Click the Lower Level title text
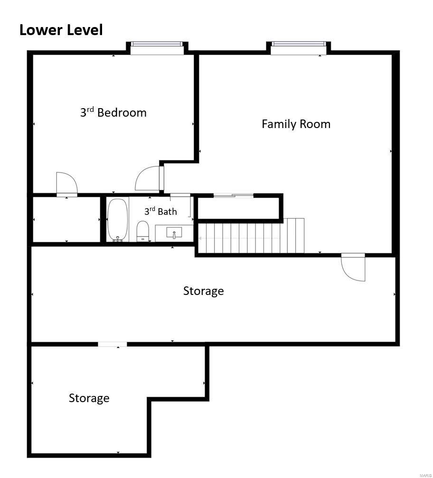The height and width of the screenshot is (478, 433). coord(61,30)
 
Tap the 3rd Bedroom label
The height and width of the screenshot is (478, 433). coord(113,112)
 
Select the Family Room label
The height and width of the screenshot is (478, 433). coord(296,124)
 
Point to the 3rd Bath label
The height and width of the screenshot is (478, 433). coord(160,211)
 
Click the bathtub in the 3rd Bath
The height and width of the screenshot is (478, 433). coord(117,220)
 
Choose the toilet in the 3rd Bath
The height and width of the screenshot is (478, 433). coord(142,231)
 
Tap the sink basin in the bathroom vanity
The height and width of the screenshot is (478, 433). coord(174,232)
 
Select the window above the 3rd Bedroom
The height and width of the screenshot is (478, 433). coord(157,48)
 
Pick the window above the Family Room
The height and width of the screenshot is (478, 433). coord(299,48)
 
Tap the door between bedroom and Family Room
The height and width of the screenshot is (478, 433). coord(149,178)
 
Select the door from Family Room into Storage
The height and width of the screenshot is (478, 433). coord(353,267)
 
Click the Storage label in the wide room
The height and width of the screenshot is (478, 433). coord(204,291)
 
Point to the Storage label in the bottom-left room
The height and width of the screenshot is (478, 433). coord(89,398)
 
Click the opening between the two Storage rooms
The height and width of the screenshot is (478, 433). coord(113,344)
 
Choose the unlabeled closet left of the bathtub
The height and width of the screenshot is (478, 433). coord(66,220)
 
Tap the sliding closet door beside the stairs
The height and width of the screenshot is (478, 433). coord(234,196)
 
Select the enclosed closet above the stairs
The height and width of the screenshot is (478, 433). coord(238,208)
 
